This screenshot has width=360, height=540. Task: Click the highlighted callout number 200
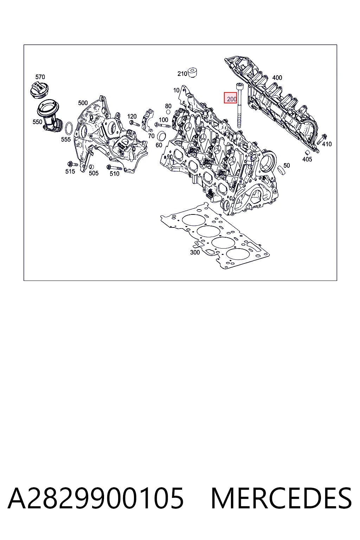(231, 99)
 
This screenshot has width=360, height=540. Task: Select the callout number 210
(182, 74)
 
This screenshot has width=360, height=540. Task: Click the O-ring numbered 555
(69, 128)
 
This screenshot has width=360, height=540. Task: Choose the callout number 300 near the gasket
(195, 252)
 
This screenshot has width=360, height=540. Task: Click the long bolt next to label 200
(239, 105)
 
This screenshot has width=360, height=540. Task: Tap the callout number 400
(277, 78)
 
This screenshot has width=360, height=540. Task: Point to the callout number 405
(307, 159)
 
